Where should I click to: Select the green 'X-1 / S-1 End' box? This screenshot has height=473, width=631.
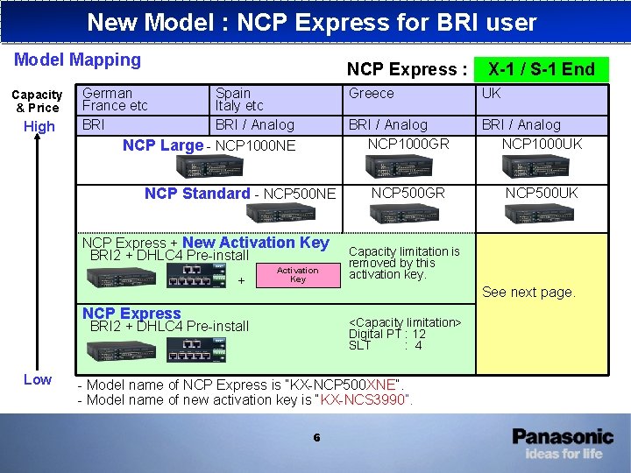pyautogui.click(x=541, y=69)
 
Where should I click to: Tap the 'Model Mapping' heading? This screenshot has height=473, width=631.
pyautogui.click(x=77, y=60)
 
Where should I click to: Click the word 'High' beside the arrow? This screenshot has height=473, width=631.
pyautogui.click(x=39, y=126)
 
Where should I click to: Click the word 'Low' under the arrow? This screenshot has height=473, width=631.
pyautogui.click(x=37, y=379)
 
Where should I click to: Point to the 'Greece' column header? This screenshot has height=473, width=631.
pyautogui.click(x=372, y=94)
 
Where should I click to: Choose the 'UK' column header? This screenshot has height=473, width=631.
pyautogui.click(x=492, y=94)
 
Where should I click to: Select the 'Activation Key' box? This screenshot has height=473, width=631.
pyautogui.click(x=298, y=275)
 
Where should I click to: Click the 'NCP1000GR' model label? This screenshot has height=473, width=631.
pyautogui.click(x=408, y=143)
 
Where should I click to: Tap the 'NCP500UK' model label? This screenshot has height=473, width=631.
pyautogui.click(x=542, y=193)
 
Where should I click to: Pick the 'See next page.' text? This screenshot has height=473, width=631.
pyautogui.click(x=528, y=292)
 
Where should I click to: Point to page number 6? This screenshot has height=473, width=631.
pyautogui.click(x=316, y=438)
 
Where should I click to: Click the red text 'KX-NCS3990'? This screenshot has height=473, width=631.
pyautogui.click(x=365, y=400)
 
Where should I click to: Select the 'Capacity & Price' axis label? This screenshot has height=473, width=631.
pyautogui.click(x=37, y=101)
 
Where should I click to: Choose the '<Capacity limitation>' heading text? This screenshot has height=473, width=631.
pyautogui.click(x=405, y=322)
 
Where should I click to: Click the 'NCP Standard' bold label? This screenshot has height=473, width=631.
pyautogui.click(x=197, y=194)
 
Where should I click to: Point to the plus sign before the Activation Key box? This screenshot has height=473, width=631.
pyautogui.click(x=241, y=281)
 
